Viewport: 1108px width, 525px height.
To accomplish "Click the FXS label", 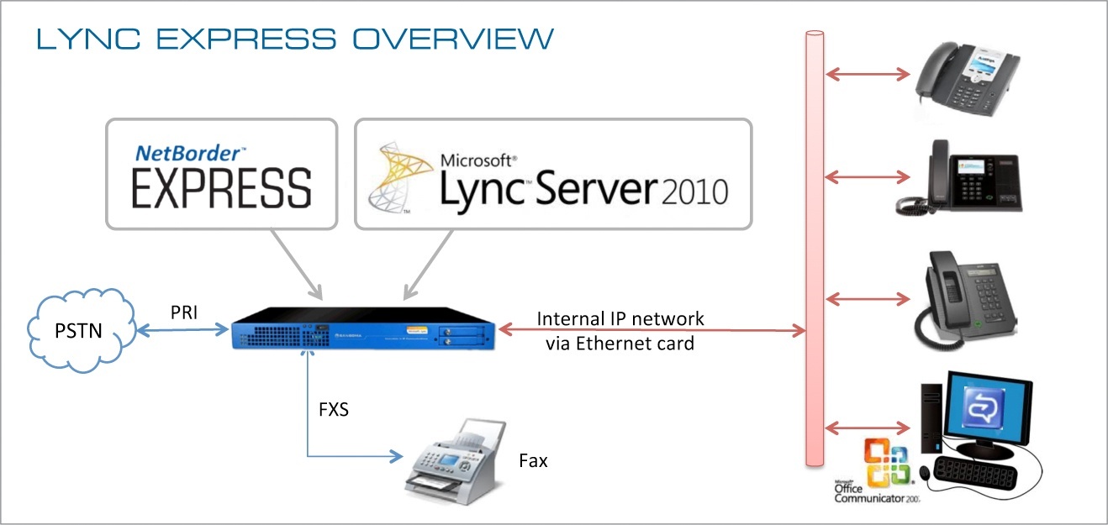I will (x=334, y=411).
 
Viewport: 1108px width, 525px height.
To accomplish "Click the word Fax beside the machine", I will (x=533, y=460).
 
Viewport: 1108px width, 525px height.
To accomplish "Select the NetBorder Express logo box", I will (x=221, y=174).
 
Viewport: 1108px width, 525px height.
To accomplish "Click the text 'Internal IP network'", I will (x=620, y=319).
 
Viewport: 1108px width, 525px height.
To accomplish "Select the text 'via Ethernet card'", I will (x=620, y=342).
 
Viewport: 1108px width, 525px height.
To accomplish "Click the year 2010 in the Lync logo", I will (x=694, y=193).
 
